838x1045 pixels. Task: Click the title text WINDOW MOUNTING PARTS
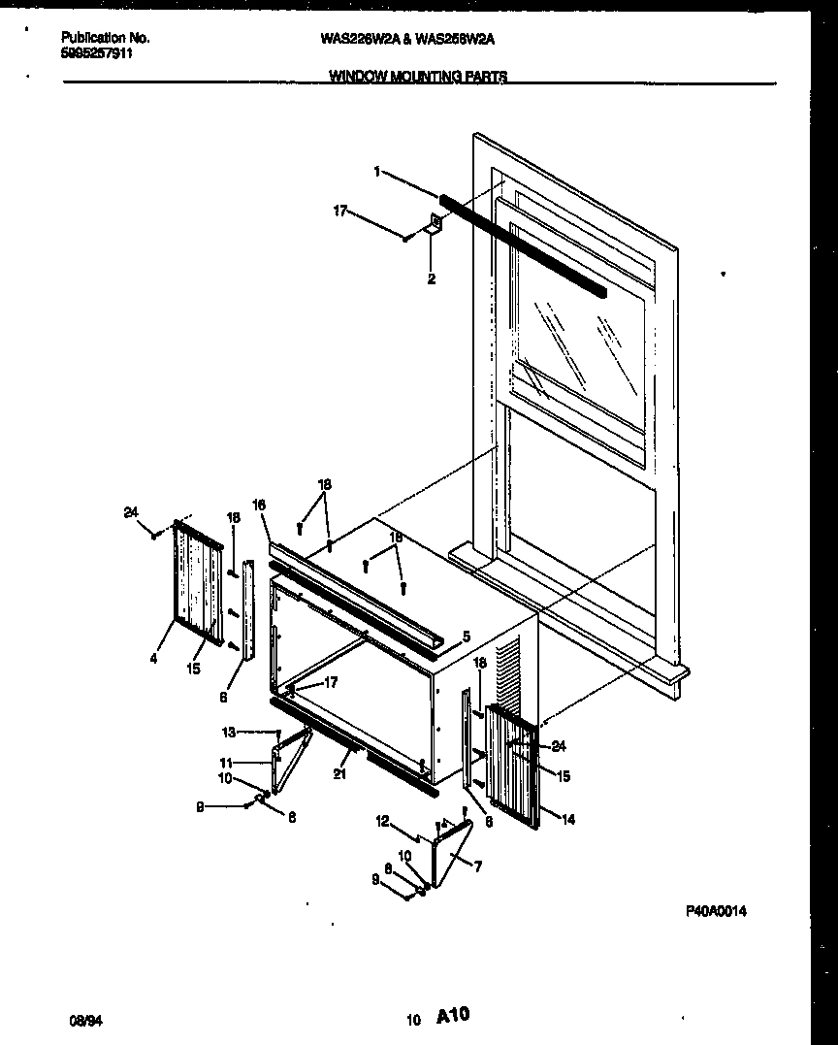[417, 77]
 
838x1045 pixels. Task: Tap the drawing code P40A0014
[717, 911]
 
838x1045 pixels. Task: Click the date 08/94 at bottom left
[85, 1020]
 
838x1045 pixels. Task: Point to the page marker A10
[453, 1016]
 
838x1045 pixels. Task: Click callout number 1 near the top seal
[375, 172]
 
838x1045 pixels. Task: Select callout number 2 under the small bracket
[432, 279]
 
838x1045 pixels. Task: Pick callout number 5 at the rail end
[466, 637]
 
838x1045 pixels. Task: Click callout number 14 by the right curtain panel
[568, 820]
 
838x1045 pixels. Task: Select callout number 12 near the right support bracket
[383, 822]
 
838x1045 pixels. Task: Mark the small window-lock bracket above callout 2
[435, 226]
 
